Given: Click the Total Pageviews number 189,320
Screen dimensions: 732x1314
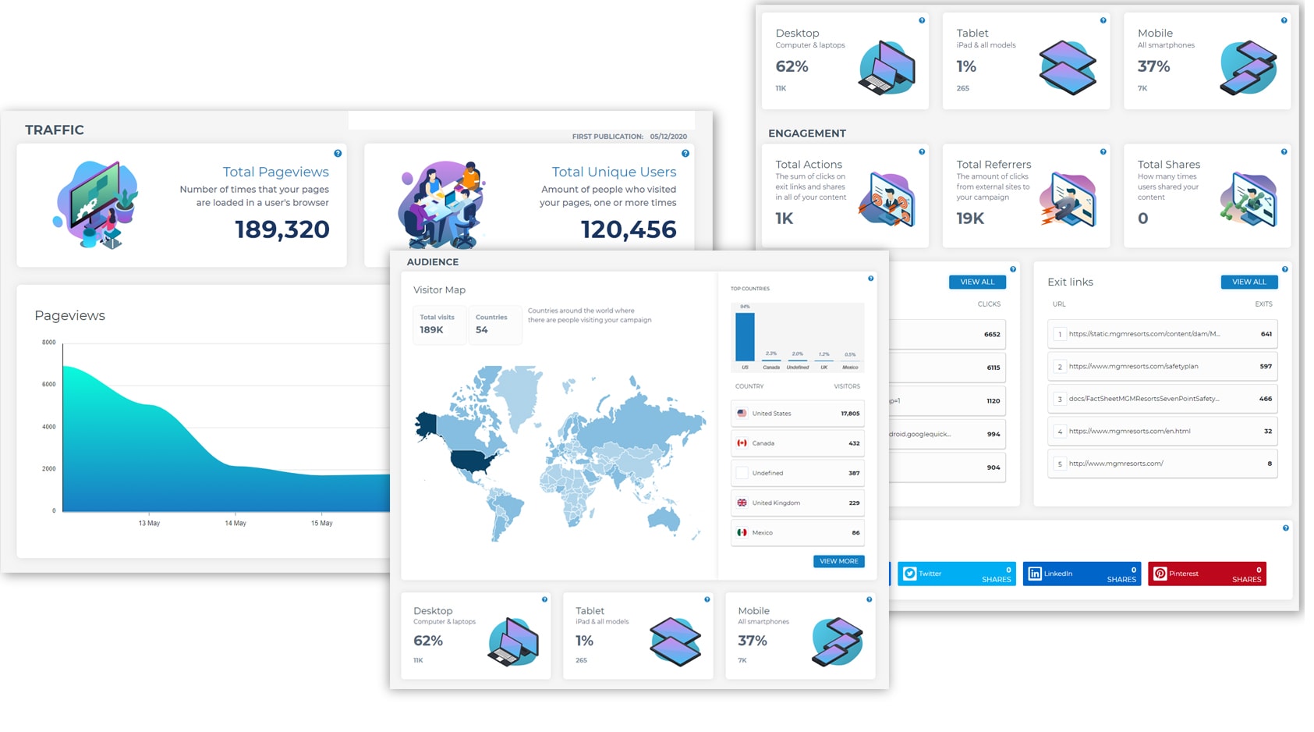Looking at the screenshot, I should [282, 229].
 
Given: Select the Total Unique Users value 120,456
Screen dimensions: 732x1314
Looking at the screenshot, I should [628, 229].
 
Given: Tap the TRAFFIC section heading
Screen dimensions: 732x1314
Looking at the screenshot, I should [55, 130].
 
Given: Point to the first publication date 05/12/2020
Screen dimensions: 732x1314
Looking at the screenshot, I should [668, 137].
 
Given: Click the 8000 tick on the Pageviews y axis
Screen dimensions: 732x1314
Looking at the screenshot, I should [49, 343].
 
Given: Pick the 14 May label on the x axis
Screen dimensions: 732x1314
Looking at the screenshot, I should [235, 524].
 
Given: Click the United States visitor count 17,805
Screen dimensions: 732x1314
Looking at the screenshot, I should [850, 414].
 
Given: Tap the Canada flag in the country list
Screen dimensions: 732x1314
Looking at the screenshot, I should [742, 443].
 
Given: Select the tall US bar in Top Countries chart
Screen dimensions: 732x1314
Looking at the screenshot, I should [745, 336].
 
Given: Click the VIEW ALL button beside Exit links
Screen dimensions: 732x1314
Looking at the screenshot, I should [1248, 282].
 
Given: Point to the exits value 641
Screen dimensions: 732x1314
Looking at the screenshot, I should [1266, 334].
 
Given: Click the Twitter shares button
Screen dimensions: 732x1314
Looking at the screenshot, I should [957, 574].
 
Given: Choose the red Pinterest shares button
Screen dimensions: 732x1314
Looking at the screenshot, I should [1206, 574].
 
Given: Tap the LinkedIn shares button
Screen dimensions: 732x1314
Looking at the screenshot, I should [1082, 574].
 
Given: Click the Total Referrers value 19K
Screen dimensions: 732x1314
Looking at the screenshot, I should [970, 219].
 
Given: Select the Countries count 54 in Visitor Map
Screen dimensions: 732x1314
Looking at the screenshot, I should [482, 330].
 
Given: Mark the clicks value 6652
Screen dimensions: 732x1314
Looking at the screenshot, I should [992, 335].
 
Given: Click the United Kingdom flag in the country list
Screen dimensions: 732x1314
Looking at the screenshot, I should [742, 503].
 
